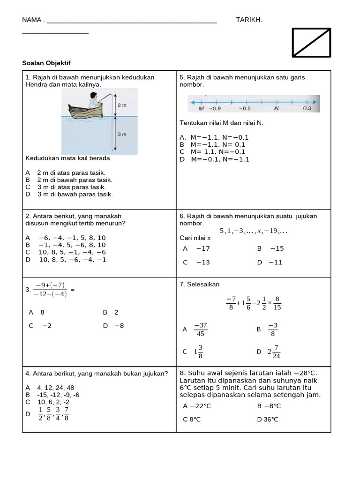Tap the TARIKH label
(x=249, y=20)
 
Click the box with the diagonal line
(x=311, y=42)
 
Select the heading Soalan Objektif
(x=46, y=63)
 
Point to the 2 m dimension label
(x=122, y=105)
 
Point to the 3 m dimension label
(x=122, y=135)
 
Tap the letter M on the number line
(x=201, y=108)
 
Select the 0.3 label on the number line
(x=307, y=108)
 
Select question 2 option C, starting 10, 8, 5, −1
(x=66, y=252)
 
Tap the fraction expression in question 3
(x=50, y=289)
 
